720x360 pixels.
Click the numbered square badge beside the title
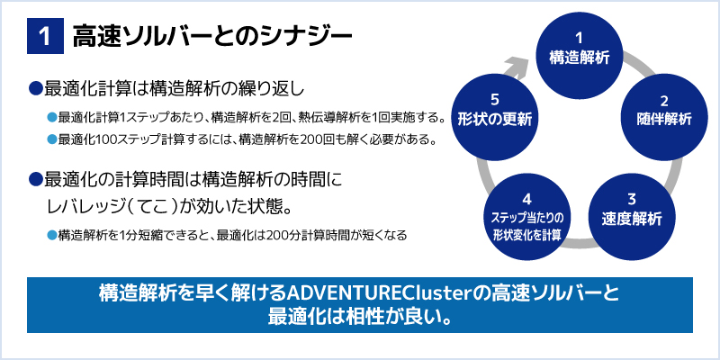pyautogui.click(x=45, y=36)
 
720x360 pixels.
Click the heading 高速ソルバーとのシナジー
pyautogui.click(x=212, y=37)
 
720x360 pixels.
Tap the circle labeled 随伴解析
pyautogui.click(x=664, y=118)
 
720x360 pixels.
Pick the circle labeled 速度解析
pyautogui.click(x=632, y=217)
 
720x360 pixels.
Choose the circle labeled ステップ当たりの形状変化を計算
pyautogui.click(x=527, y=217)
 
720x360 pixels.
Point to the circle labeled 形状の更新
pyautogui.click(x=494, y=118)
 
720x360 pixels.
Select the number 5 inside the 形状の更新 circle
pyautogui.click(x=494, y=100)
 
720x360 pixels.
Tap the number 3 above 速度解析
pyautogui.click(x=632, y=200)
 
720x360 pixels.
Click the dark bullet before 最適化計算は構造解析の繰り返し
pyautogui.click(x=35, y=87)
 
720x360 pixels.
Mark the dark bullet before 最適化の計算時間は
pyautogui.click(x=35, y=179)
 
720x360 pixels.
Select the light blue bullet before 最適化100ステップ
pyautogui.click(x=52, y=139)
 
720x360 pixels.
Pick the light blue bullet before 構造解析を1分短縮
pyautogui.click(x=52, y=235)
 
